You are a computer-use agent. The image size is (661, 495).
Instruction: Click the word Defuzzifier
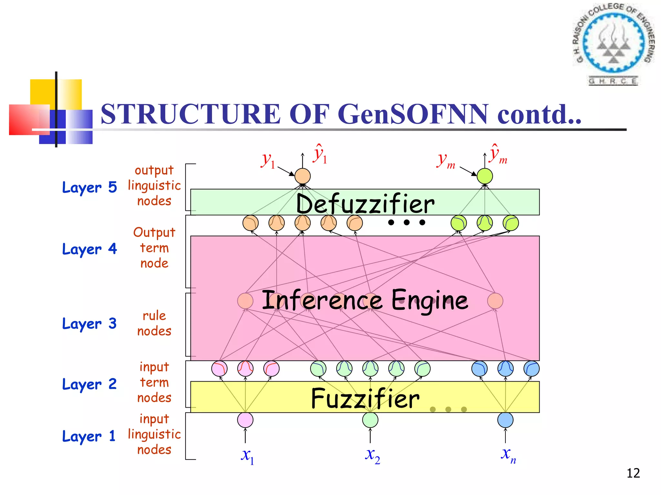[x=365, y=204]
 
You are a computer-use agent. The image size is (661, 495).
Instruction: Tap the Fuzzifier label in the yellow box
[x=365, y=399]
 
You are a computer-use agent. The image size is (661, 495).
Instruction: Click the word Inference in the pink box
[x=321, y=300]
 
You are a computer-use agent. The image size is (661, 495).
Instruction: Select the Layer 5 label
[x=89, y=187]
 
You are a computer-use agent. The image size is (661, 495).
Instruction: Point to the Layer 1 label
[x=89, y=436]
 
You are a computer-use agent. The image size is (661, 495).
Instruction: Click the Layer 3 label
[x=89, y=324]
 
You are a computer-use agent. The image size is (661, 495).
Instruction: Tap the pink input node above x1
[x=245, y=420]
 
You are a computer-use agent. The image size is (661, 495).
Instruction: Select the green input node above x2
[x=370, y=420]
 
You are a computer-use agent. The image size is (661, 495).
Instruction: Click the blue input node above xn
[x=505, y=420]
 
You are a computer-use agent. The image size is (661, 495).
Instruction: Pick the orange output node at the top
[x=302, y=176]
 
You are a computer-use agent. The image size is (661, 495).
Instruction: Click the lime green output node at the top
[x=485, y=176]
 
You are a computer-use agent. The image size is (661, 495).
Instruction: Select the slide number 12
[x=633, y=473]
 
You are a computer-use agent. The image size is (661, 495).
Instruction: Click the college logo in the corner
[x=613, y=44]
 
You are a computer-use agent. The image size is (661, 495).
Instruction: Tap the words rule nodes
[x=154, y=323]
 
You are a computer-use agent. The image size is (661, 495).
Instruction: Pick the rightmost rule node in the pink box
[x=495, y=301]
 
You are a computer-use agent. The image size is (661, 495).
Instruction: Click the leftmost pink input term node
[x=219, y=369]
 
